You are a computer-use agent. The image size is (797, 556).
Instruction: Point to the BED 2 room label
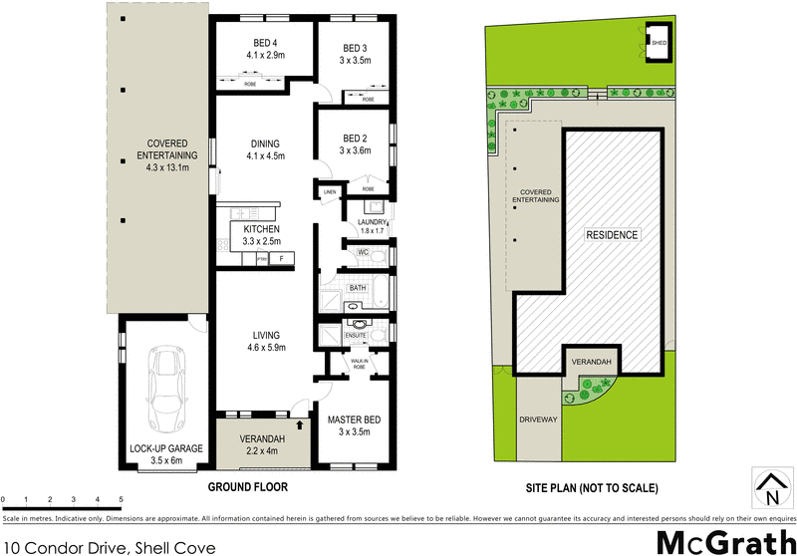tap(355, 144)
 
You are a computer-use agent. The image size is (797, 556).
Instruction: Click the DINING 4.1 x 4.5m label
tap(265, 148)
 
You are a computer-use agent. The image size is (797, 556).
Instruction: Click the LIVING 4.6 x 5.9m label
tap(265, 341)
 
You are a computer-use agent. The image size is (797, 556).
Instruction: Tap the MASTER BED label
tap(355, 425)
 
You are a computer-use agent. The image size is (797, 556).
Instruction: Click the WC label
tap(364, 254)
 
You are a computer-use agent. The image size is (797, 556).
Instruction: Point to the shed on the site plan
tap(659, 43)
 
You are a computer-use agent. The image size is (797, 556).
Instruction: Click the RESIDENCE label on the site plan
tap(611, 235)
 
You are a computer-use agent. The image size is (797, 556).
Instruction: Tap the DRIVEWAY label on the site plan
tap(539, 421)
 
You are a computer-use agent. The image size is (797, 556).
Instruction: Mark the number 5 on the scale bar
tap(121, 499)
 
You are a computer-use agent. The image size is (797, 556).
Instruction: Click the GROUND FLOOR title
tap(247, 487)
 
